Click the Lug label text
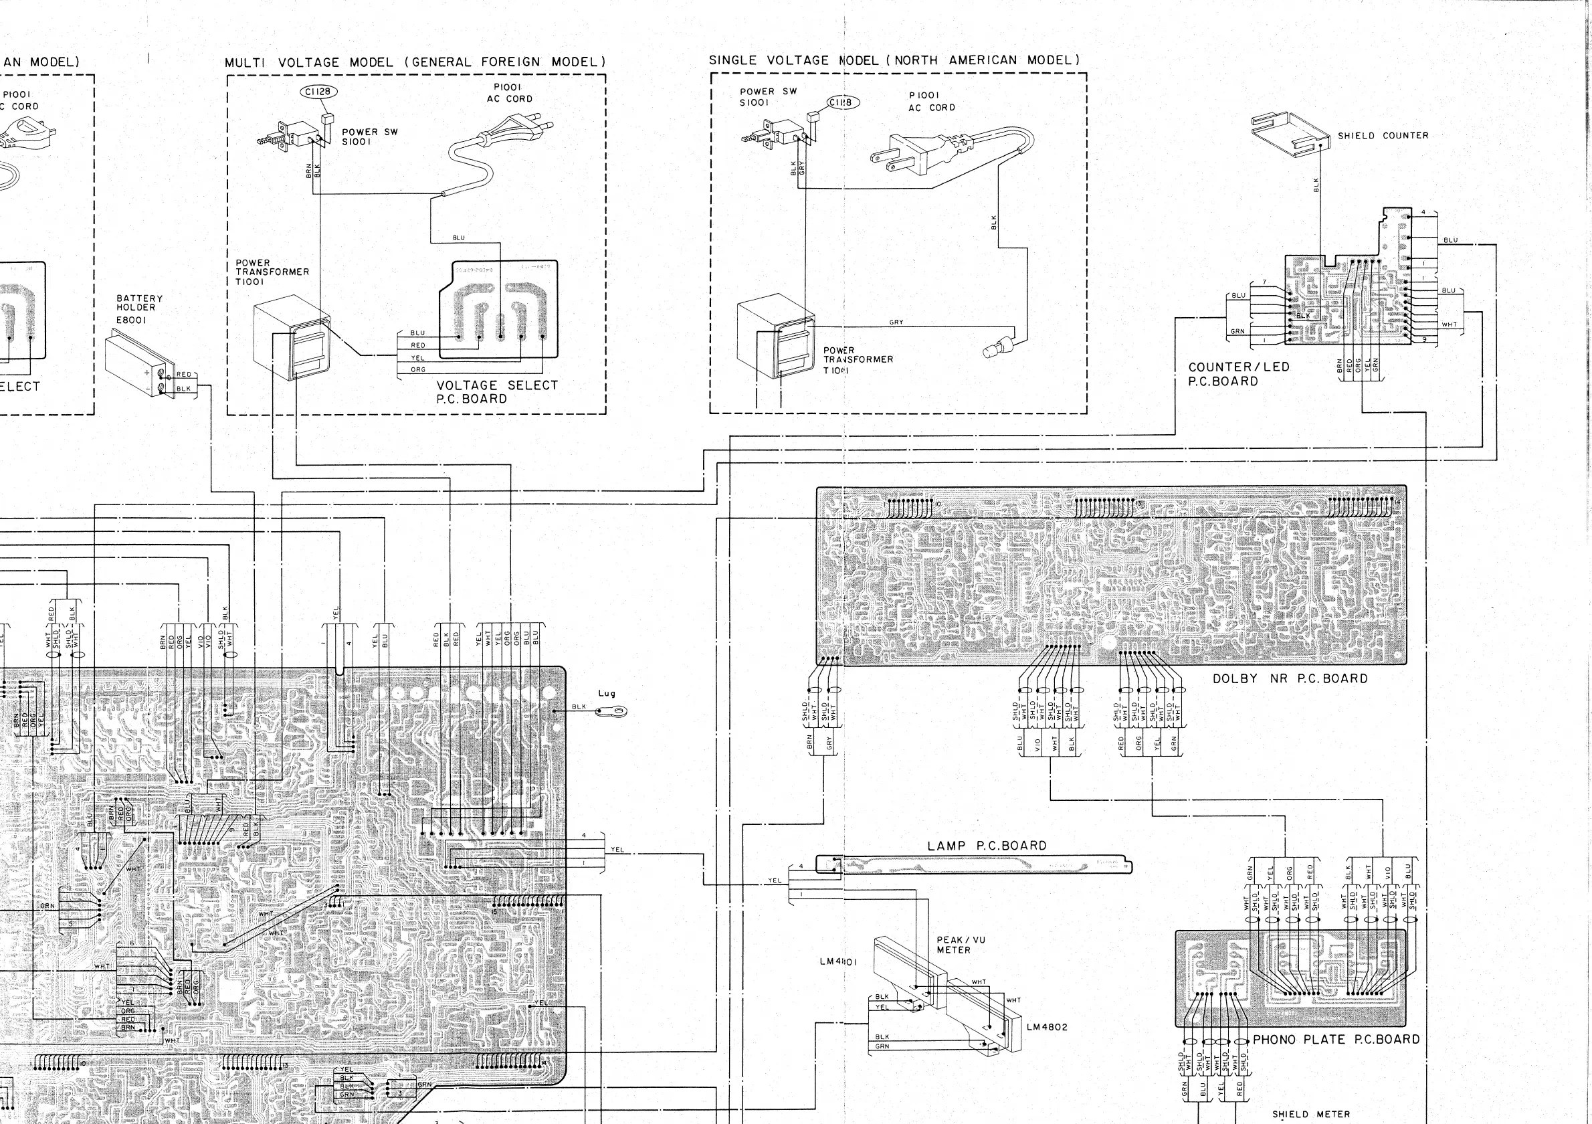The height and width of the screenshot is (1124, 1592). (x=607, y=692)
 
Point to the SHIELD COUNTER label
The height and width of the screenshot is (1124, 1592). (x=1383, y=136)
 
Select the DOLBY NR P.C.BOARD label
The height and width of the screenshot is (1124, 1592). (x=1290, y=679)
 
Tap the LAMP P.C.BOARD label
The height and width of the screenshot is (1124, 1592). (x=987, y=846)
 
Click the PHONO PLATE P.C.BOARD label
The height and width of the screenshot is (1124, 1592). (x=1335, y=1040)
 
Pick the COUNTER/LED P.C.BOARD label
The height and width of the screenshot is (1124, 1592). (x=1238, y=375)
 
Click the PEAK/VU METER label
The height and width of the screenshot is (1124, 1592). (x=961, y=945)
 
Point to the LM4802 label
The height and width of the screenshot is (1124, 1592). (x=1046, y=1027)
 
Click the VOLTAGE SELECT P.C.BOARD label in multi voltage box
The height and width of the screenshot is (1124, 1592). (x=496, y=392)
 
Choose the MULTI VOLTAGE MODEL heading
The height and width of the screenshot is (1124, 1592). (x=415, y=62)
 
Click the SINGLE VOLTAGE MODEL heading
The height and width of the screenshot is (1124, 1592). (x=894, y=60)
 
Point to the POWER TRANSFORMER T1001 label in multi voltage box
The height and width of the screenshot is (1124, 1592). (x=271, y=272)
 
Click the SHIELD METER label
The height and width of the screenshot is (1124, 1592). (x=1310, y=1114)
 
